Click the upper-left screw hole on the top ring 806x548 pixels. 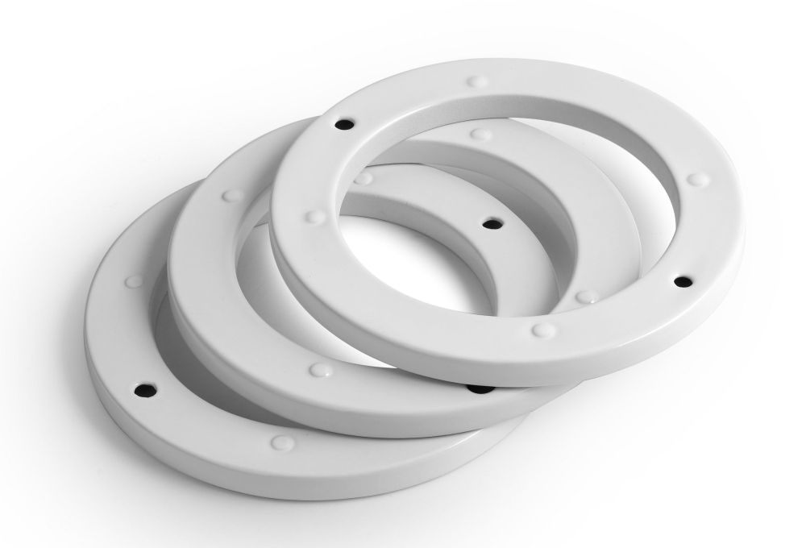point(344,125)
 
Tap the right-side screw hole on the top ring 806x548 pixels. point(683,281)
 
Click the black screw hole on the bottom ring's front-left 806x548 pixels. point(146,388)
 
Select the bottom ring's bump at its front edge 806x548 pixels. point(281,442)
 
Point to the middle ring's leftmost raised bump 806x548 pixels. point(233,195)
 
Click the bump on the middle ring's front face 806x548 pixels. point(320,370)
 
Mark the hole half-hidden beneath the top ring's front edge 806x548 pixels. point(481,389)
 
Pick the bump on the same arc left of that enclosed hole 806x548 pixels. point(364,178)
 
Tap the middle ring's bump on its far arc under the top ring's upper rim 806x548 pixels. point(480,134)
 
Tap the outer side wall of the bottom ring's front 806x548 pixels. point(242,467)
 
